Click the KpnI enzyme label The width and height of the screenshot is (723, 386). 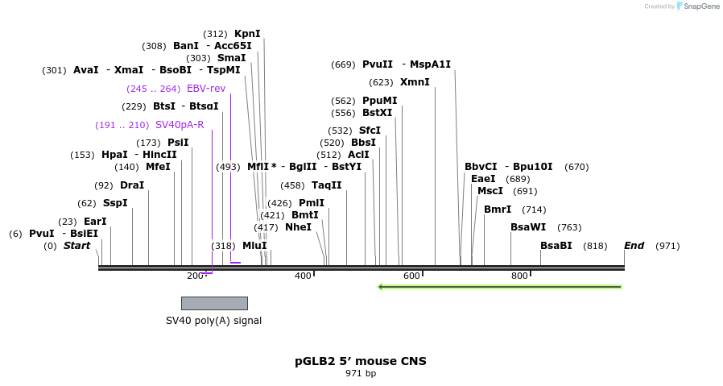pyautogui.click(x=247, y=34)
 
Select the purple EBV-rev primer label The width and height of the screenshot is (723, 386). pyautogui.click(x=206, y=89)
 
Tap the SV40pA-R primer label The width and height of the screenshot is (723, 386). pyautogui.click(x=180, y=125)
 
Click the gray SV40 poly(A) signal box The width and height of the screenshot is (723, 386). pyautogui.click(x=214, y=303)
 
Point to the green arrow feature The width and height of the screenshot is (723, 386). pyautogui.click(x=499, y=287)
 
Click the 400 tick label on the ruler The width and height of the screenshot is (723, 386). pyautogui.click(x=303, y=276)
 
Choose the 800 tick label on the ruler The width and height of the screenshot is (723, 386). pyautogui.click(x=519, y=276)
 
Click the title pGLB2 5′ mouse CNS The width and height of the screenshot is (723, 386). pyautogui.click(x=361, y=361)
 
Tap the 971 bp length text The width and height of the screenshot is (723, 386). pyautogui.click(x=361, y=374)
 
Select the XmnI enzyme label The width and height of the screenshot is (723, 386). pyautogui.click(x=415, y=82)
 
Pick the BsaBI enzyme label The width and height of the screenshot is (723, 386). pyautogui.click(x=556, y=246)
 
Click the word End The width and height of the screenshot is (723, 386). pyautogui.click(x=634, y=246)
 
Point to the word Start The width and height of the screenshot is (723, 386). pyautogui.click(x=77, y=246)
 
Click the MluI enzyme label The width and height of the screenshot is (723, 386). pyautogui.click(x=254, y=246)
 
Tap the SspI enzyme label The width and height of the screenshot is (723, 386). pyautogui.click(x=115, y=203)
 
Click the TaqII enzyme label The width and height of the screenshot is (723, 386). pyautogui.click(x=327, y=185)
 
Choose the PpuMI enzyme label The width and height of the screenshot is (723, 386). pyautogui.click(x=379, y=101)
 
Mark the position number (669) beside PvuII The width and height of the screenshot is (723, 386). pyautogui.click(x=343, y=64)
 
